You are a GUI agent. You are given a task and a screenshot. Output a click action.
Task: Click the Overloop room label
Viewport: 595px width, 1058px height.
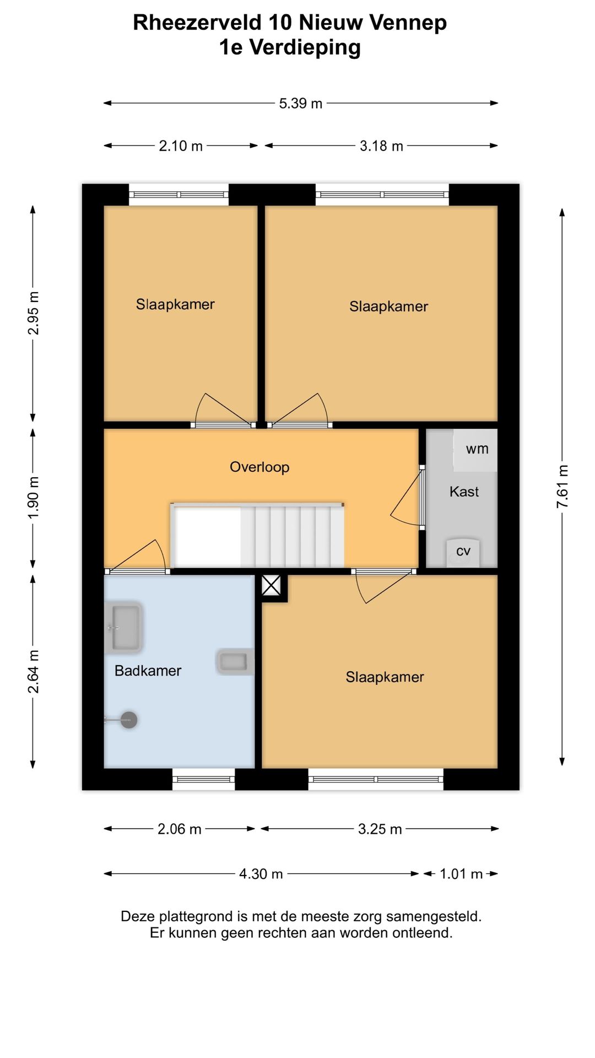259,467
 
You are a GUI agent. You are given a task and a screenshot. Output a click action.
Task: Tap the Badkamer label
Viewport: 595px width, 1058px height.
148,671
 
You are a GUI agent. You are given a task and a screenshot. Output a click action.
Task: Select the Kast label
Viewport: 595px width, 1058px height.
464,492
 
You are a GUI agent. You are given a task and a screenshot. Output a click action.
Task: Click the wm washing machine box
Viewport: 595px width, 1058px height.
475,450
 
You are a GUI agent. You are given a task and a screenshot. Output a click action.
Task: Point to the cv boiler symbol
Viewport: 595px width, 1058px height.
463,552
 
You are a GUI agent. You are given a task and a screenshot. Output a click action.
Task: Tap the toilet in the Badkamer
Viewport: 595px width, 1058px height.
235,662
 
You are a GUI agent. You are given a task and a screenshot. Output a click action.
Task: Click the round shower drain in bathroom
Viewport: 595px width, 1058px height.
129,720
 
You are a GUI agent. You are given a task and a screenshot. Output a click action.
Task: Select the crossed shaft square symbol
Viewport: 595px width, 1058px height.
271,585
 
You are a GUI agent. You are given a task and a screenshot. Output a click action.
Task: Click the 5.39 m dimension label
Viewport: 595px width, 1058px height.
300,104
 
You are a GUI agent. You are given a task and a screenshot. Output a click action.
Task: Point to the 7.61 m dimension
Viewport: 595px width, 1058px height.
562,487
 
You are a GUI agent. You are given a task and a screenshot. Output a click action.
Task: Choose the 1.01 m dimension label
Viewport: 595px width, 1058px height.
461,874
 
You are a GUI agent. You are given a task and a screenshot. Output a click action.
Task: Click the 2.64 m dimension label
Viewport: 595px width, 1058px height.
33,672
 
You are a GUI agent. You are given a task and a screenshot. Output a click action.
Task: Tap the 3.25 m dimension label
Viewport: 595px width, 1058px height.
380,829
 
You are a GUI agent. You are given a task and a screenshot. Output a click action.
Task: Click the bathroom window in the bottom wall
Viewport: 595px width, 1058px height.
204,779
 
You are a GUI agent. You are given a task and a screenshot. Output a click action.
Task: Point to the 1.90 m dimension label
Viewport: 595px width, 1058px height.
33,498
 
